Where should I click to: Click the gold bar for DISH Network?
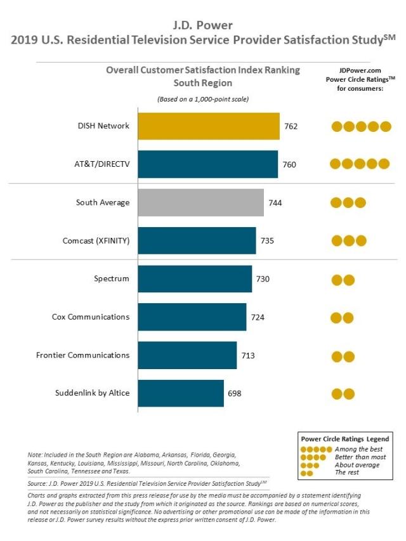tap(209, 126)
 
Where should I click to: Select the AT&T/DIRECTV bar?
tap(208, 164)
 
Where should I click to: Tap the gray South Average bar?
tap(201, 202)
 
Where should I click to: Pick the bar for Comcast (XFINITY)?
tap(197, 240)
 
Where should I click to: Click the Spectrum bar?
tap(195, 279)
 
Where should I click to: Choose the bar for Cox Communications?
tap(192, 317)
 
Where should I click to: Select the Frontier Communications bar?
tap(188, 355)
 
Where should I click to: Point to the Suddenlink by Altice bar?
tap(181, 393)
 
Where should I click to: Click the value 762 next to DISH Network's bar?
tap(291, 126)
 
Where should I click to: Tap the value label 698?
tap(235, 393)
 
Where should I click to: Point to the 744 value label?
tap(275, 203)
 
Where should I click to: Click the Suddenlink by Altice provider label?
tap(92, 393)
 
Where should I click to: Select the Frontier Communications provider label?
tap(83, 355)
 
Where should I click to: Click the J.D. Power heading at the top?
tap(202, 25)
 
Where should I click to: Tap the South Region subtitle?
tap(202, 83)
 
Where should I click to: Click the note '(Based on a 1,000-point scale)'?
tap(203, 100)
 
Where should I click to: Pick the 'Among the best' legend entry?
tap(358, 449)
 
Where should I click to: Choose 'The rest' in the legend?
tap(347, 473)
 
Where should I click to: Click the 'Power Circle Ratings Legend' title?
tap(345, 439)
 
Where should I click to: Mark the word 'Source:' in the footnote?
tap(37, 484)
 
